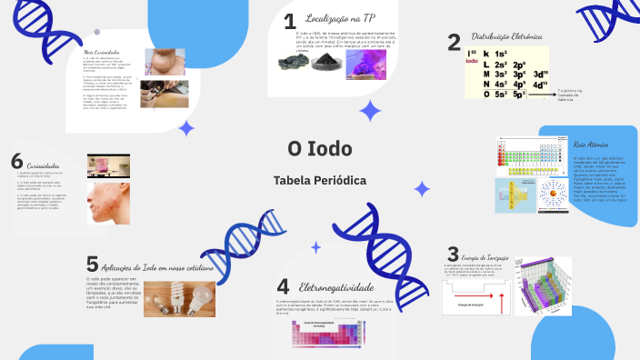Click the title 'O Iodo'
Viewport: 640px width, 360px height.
(320, 148)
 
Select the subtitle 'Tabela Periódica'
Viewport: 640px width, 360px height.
(320, 180)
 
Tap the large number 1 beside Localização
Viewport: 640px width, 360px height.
(289, 22)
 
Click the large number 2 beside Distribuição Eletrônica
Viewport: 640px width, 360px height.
(454, 42)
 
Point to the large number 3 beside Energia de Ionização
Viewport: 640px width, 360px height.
(453, 255)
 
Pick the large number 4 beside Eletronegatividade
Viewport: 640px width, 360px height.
(283, 287)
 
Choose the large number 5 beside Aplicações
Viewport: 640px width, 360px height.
(92, 264)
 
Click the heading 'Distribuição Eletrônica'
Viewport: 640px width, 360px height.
(506, 37)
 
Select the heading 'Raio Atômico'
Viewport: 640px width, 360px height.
(591, 145)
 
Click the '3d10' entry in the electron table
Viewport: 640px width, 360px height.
(540, 75)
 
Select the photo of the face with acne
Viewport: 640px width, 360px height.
(108, 202)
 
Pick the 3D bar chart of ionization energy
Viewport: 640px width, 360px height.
(543, 285)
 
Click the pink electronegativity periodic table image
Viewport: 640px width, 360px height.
(325, 334)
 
